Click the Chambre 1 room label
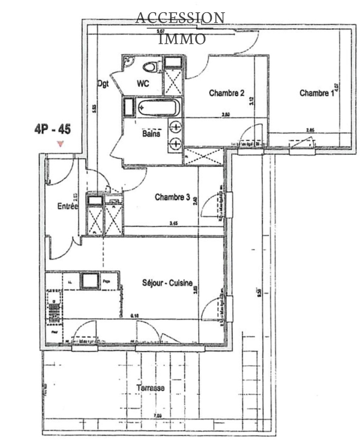tap(316, 93)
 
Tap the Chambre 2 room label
tap(227, 93)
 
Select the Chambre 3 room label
tap(172, 198)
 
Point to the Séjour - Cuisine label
tap(167, 283)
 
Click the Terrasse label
tap(150, 387)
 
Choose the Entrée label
tap(67, 207)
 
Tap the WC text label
tap(143, 84)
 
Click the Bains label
tap(151, 133)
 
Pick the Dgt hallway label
tap(102, 81)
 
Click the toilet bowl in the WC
tap(150, 66)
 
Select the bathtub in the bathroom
tap(159, 108)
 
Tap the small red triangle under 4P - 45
tap(60, 143)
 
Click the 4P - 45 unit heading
tap(52, 130)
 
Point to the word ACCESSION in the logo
tap(180, 18)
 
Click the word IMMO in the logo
tap(182, 39)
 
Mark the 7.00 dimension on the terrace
tap(158, 416)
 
